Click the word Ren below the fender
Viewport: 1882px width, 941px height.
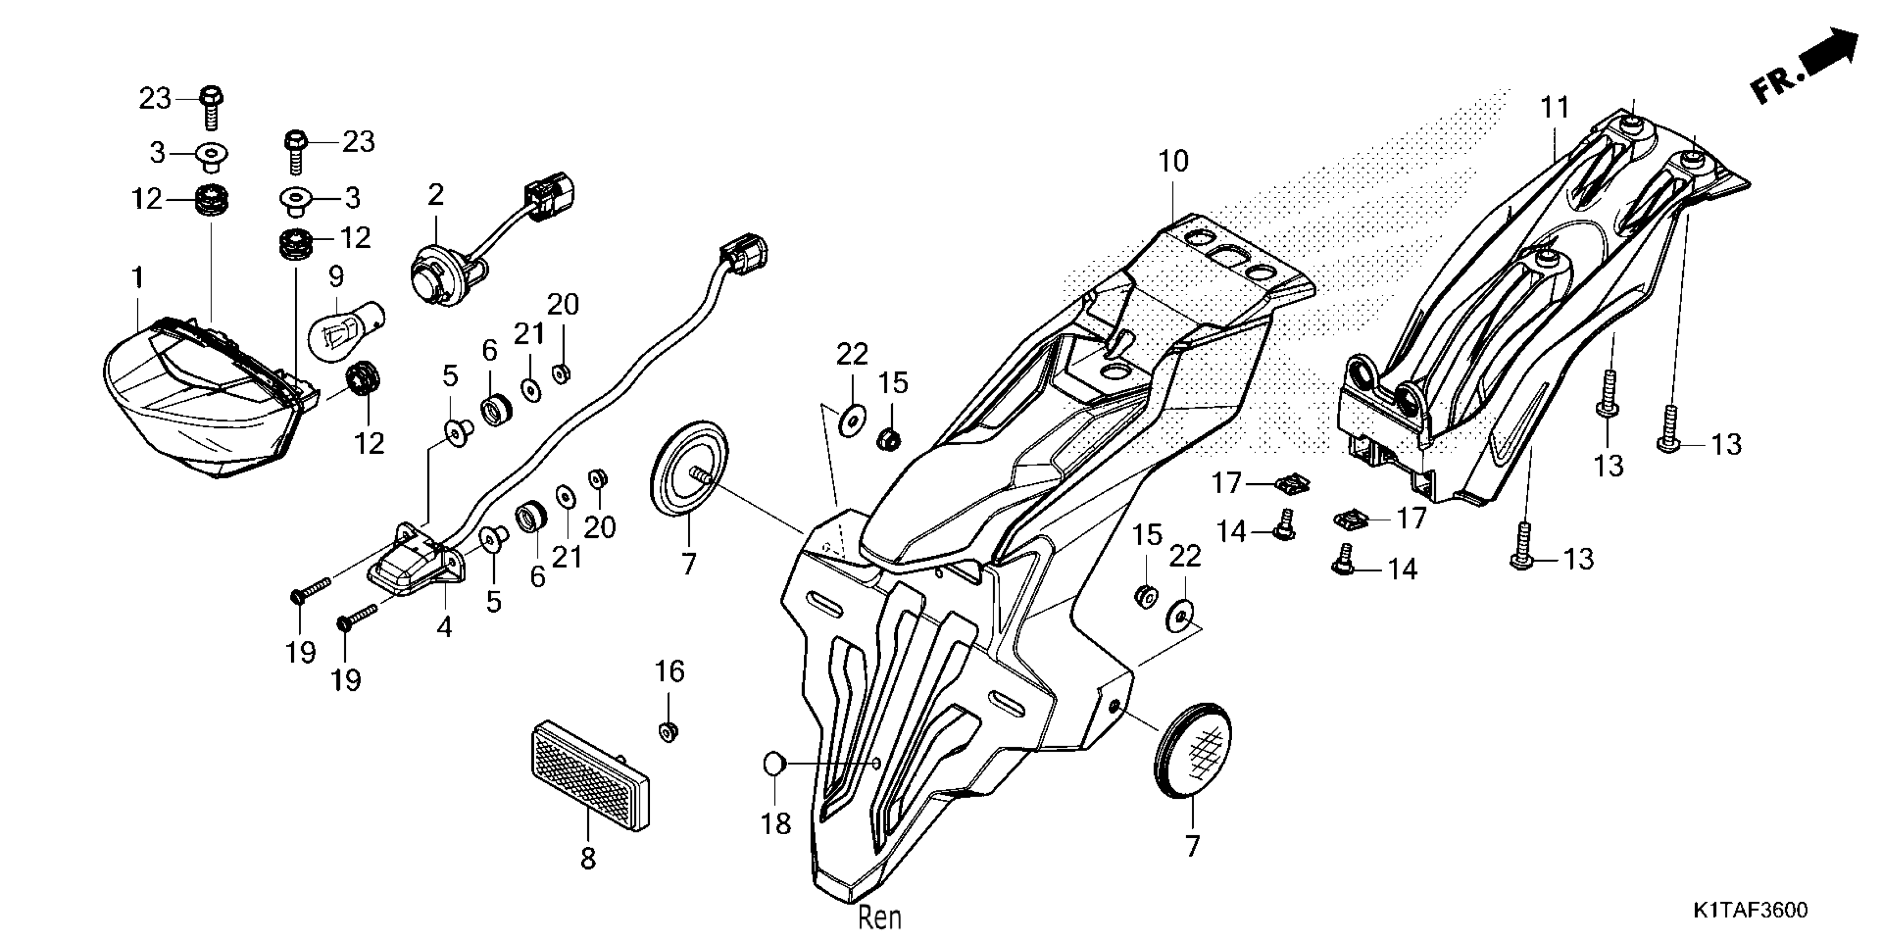pos(880,918)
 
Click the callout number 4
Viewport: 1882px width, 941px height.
pos(444,627)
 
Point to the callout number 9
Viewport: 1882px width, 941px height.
pos(336,277)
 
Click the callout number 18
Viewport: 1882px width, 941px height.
pos(776,824)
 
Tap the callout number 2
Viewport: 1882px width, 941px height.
pos(436,195)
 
